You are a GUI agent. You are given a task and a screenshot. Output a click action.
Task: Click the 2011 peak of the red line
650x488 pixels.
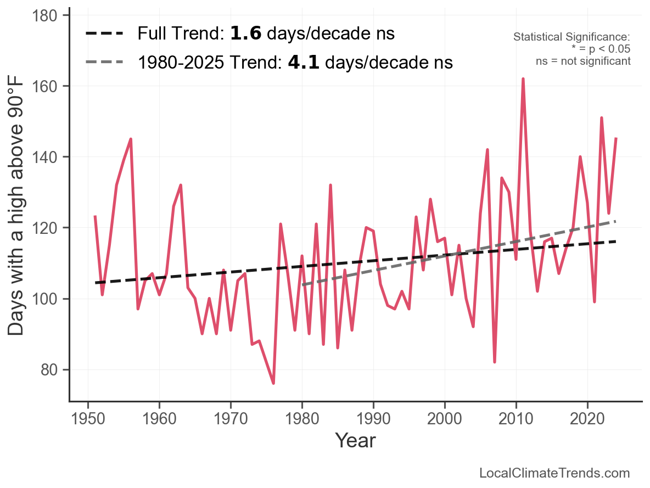[x=523, y=79]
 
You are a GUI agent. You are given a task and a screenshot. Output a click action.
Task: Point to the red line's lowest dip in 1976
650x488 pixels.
[x=273, y=383]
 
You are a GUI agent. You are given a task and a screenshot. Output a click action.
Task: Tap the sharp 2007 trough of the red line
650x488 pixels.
[x=495, y=362]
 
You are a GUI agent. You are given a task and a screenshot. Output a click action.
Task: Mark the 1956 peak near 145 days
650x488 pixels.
[x=131, y=139]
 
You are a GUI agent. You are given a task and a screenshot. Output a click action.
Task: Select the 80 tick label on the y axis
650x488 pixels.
[x=50, y=370]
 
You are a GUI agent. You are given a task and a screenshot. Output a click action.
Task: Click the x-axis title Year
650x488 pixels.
[x=355, y=440]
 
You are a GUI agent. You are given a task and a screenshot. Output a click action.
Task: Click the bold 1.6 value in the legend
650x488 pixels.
[x=242, y=33]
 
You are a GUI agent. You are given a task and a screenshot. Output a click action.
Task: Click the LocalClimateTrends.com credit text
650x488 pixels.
[x=554, y=473]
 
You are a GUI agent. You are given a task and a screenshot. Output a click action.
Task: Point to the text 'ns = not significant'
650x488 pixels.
[x=583, y=61]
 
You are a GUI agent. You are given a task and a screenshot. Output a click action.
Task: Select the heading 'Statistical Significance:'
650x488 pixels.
[x=571, y=37]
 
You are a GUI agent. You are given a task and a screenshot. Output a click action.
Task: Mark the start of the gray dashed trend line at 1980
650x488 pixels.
[x=302, y=285]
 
